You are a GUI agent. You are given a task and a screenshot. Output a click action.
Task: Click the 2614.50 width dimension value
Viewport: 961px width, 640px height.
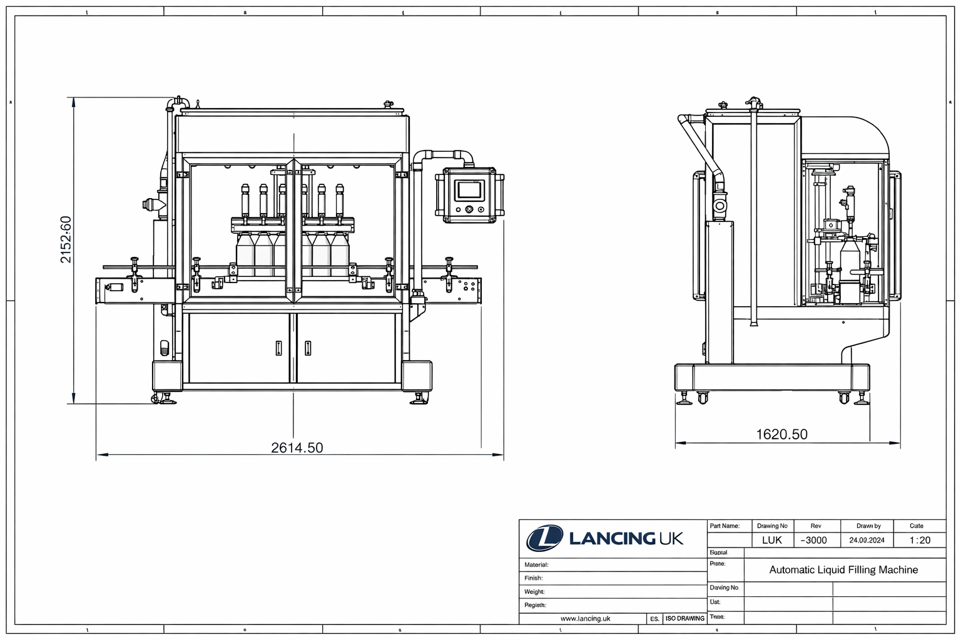tap(297, 447)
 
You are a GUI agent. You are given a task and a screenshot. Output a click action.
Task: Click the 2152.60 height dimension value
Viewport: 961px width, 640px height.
tap(66, 239)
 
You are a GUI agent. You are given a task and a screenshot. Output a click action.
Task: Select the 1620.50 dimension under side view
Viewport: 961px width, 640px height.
tap(781, 434)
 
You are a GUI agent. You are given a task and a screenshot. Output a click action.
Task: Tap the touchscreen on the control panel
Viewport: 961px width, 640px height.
tap(469, 189)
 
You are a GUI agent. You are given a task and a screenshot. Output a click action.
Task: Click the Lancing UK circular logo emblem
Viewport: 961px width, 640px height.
tap(544, 538)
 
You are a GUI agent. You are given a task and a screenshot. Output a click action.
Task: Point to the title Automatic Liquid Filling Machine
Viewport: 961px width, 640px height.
tap(843, 569)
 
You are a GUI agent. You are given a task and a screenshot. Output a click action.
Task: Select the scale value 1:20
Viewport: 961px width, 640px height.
tap(919, 540)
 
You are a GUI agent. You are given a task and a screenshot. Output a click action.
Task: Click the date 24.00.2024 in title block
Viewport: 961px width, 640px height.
tap(867, 540)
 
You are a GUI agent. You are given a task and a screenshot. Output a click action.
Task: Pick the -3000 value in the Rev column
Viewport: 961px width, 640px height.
tap(814, 540)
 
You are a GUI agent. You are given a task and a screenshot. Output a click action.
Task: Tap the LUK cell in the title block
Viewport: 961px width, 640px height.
tap(771, 540)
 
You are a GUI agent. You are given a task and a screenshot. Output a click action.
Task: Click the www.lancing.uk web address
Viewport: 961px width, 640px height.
tap(585, 618)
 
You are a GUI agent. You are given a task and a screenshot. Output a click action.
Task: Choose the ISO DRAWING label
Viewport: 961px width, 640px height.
tap(684, 618)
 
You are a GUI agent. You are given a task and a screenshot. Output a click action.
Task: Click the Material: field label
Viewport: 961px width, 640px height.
tap(536, 564)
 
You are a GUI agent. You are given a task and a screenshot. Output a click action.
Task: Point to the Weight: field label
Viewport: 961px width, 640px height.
tap(534, 591)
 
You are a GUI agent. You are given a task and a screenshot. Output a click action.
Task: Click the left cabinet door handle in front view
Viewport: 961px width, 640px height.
tap(278, 348)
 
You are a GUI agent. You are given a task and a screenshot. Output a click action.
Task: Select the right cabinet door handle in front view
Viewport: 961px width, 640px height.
tap(308, 348)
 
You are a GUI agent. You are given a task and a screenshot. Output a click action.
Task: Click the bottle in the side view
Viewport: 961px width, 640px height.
tap(849, 256)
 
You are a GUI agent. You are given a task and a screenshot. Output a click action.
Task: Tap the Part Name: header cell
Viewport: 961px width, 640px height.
tap(725, 526)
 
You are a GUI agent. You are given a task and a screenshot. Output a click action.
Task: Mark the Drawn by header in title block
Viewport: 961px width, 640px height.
tap(868, 526)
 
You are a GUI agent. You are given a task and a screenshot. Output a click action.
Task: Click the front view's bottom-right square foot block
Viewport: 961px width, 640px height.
tap(417, 376)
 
